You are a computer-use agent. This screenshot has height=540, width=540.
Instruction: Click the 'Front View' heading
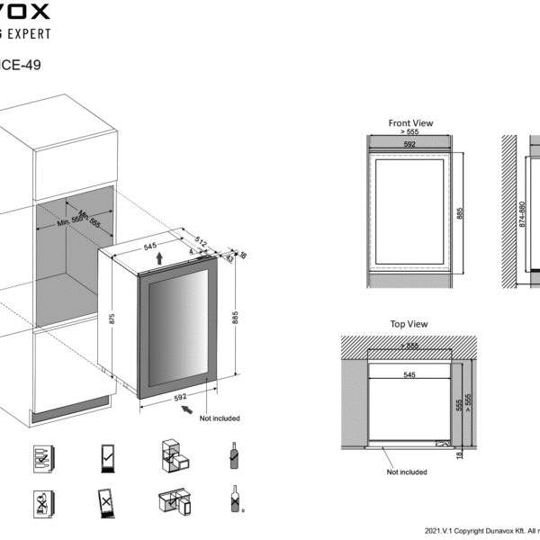410,123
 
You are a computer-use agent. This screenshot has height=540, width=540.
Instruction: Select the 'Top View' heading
409,324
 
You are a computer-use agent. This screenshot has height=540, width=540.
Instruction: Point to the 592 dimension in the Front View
409,143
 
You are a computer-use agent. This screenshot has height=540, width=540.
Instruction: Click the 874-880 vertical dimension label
521,213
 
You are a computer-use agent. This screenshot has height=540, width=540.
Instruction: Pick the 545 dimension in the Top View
409,374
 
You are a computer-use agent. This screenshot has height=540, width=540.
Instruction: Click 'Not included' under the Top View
407,472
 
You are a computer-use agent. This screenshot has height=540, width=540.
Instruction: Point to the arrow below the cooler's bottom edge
187,410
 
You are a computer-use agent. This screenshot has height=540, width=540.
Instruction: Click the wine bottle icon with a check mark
234,456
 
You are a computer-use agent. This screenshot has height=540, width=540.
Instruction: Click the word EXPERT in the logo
28,33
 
